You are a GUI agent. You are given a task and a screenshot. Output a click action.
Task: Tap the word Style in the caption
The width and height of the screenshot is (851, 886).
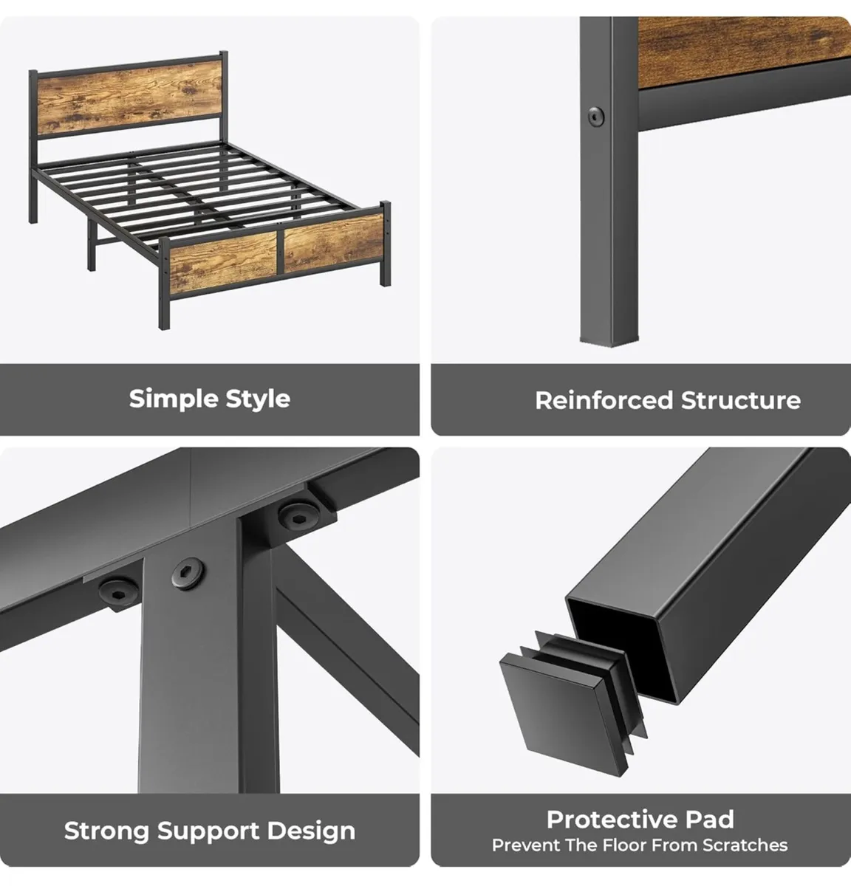point(258,399)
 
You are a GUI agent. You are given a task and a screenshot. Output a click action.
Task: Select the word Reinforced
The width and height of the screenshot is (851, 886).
point(604,400)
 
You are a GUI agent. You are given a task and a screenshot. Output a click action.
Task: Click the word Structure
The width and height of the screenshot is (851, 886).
point(741,400)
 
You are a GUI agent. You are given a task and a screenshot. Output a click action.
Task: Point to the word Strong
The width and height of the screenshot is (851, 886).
point(106,831)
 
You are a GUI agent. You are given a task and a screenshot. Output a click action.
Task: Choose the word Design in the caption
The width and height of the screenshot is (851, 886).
point(311,831)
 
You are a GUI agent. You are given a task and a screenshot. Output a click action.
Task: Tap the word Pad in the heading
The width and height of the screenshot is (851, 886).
point(710,820)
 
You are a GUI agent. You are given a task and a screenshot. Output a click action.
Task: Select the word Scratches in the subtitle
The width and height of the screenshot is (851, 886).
point(745,845)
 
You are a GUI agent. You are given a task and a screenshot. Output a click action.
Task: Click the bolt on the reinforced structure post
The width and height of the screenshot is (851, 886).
point(595,117)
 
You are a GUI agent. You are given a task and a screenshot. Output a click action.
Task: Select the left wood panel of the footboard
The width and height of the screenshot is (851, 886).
point(223,261)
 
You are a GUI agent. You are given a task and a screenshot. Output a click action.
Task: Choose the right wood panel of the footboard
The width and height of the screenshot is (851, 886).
point(334,243)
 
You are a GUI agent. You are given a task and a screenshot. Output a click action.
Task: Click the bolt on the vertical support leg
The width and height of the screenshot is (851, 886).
point(188,573)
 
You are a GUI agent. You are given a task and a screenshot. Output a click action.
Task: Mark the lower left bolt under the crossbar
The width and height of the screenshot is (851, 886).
point(119,592)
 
